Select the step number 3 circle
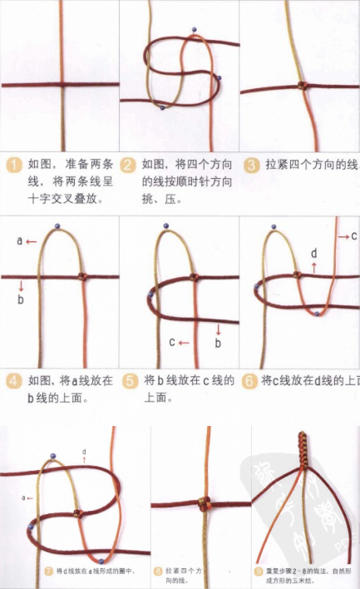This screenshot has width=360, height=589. [x=251, y=165]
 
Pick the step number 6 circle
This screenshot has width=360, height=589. [x=249, y=381]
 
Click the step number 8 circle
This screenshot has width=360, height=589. [x=158, y=572]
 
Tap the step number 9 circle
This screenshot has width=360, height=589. [x=259, y=572]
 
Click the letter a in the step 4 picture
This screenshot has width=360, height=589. [x=19, y=241]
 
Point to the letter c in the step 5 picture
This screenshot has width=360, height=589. [x=172, y=341]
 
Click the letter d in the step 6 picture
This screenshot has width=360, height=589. [x=313, y=253]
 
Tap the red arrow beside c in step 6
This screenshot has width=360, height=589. [x=342, y=237]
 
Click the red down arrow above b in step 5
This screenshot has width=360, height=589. [x=218, y=327]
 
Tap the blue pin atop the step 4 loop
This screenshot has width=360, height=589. [x=56, y=225]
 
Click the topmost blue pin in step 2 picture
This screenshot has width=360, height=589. [x=194, y=31]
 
